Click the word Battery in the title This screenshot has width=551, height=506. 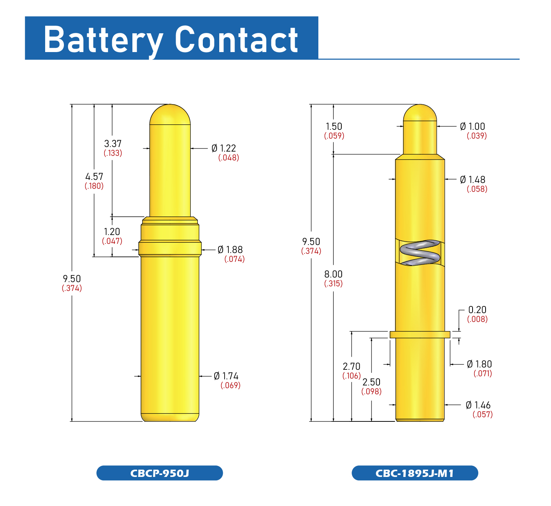[104, 40]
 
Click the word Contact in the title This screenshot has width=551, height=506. [236, 40]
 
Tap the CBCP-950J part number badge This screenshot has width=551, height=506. [160, 473]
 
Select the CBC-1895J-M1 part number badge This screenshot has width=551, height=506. [415, 473]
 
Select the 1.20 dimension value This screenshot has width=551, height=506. [112, 232]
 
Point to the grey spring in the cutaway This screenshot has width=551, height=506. [420, 253]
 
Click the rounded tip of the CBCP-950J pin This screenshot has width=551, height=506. [170, 114]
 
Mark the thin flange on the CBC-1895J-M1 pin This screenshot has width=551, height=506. [420, 335]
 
